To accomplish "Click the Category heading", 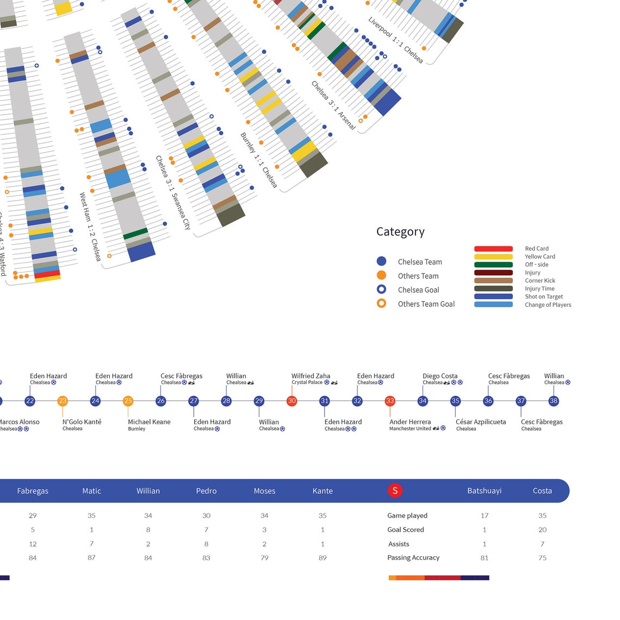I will (x=400, y=232).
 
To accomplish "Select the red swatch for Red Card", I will (x=493, y=249).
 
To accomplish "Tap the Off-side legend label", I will (x=536, y=264).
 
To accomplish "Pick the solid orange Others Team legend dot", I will (x=381, y=275).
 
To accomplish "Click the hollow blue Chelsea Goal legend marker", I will (x=381, y=289).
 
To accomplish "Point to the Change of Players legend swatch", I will (x=493, y=305).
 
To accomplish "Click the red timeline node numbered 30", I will (x=292, y=401).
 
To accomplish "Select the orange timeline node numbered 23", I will (x=63, y=401).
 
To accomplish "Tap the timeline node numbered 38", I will (x=554, y=401).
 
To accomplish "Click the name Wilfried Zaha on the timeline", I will (x=311, y=376).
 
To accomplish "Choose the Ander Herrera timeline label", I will (x=410, y=421).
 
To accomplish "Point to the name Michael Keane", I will (x=149, y=421).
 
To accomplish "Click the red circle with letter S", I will (x=395, y=491).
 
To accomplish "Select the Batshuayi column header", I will (x=484, y=491).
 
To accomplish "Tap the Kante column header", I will (x=323, y=491).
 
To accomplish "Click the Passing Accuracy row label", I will (x=413, y=557).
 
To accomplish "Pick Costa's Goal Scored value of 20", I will (x=542, y=530).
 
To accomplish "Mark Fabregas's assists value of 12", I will (x=33, y=544).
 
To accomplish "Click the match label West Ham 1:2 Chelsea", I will (x=90, y=226).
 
